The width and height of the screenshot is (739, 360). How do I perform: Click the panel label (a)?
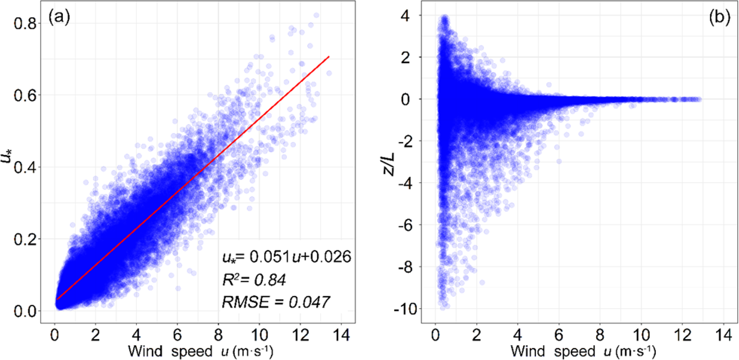(59, 18)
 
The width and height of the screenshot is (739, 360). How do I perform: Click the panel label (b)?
(719, 18)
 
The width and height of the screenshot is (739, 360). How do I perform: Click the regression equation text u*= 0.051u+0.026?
(286, 257)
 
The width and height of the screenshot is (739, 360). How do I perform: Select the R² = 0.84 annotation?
(254, 280)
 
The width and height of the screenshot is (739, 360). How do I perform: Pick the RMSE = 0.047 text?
(276, 302)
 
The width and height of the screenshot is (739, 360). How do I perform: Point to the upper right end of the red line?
(329, 57)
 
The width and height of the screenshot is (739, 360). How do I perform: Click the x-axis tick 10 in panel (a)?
(259, 335)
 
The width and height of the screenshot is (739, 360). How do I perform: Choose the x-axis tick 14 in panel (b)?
(723, 335)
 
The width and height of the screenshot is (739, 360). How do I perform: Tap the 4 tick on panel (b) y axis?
(405, 16)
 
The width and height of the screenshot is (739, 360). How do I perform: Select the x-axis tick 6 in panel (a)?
(177, 335)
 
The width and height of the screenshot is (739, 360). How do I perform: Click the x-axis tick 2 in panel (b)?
(476, 335)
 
